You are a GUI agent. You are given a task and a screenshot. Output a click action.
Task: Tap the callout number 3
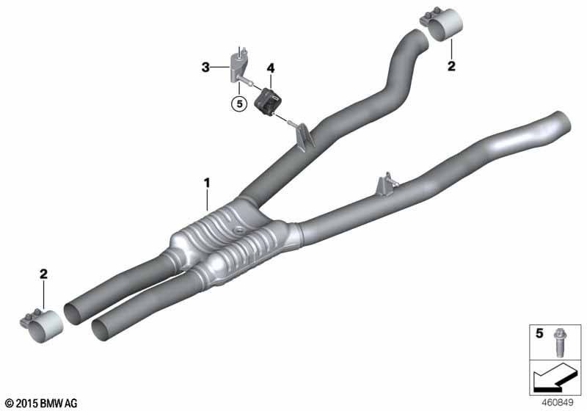click(206, 68)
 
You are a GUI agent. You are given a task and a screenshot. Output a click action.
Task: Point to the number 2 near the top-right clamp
click(451, 67)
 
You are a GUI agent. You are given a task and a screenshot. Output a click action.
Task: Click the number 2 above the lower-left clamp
click(43, 274)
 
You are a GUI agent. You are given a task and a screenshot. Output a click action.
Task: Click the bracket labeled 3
click(238, 64)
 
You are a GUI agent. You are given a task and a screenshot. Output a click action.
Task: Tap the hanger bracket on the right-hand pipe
click(386, 186)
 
